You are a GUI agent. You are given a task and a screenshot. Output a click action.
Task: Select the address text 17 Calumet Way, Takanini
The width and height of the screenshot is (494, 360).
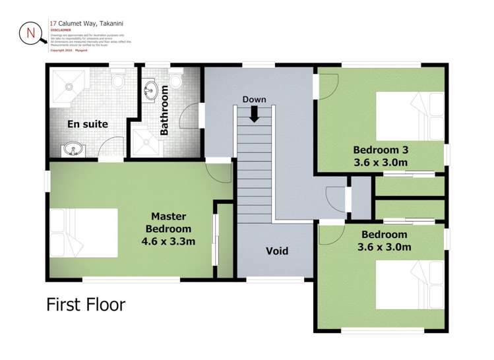(87, 23)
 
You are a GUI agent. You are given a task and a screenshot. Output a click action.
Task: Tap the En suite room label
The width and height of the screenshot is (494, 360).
(87, 124)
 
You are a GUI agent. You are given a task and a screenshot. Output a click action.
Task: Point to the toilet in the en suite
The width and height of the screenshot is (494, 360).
(118, 80)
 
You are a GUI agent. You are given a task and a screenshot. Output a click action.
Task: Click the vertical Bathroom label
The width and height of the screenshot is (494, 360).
(164, 114)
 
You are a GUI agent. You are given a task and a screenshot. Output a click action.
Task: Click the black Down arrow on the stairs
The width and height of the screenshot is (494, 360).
(254, 114)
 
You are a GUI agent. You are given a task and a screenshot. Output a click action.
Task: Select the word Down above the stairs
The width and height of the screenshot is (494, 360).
(254, 100)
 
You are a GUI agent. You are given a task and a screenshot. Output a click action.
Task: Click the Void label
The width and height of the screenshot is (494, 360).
(276, 251)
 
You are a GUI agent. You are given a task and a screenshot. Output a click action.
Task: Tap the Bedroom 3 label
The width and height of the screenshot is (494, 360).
(380, 148)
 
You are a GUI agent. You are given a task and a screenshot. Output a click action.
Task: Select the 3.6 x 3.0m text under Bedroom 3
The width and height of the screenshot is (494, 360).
(380, 162)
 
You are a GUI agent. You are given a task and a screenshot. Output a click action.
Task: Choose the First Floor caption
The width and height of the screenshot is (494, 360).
(85, 305)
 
